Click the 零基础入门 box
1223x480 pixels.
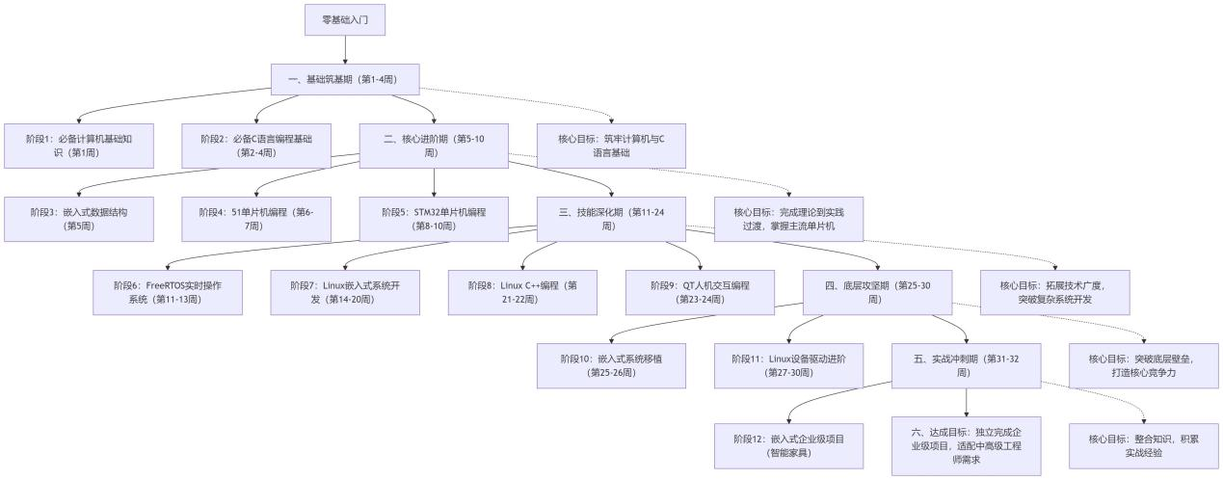(345, 19)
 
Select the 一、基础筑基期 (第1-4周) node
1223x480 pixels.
(345, 79)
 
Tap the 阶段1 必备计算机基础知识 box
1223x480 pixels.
(79, 146)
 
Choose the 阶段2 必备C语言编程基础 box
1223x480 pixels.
(256, 146)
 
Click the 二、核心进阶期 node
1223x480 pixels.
(434, 146)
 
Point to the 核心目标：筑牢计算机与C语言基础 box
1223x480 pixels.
(611, 146)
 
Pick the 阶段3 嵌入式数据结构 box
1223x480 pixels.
(79, 219)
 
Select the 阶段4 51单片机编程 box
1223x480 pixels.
(256, 219)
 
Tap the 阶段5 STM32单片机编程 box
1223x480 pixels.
(434, 219)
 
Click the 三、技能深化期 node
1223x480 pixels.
(611, 219)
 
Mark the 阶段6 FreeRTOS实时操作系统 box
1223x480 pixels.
(168, 292)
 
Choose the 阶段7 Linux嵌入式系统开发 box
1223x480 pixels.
(345, 292)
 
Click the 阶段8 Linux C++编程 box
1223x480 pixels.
(522, 292)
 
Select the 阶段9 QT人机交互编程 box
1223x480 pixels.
(700, 292)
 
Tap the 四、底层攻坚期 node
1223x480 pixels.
(877, 292)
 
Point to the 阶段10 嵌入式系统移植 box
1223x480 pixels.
(611, 365)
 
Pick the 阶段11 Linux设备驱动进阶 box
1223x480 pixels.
(788, 365)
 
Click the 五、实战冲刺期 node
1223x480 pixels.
(966, 365)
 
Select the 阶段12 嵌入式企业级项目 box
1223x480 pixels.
(788, 445)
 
